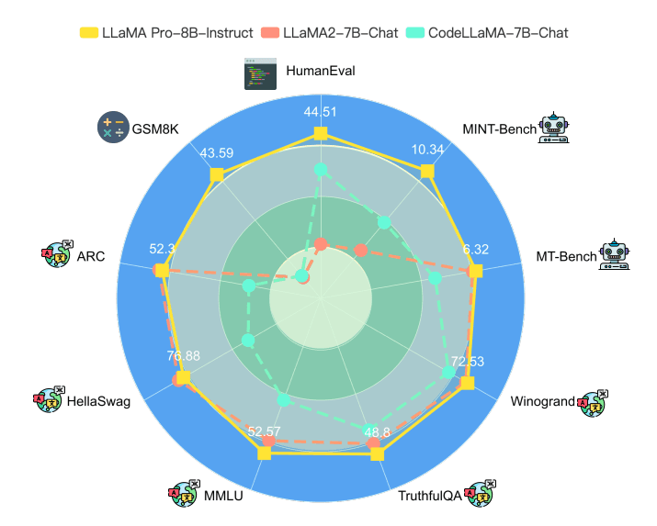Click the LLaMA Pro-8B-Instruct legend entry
[165, 33]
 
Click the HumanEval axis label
[321, 70]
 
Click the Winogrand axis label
[543, 400]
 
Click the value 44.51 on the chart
[320, 113]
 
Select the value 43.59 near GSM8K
[217, 152]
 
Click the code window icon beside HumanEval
[261, 73]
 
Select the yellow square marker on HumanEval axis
[320, 134]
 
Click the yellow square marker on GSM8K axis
[217, 174]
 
